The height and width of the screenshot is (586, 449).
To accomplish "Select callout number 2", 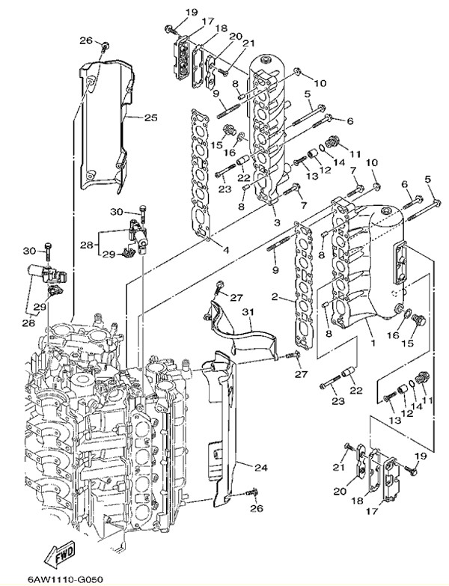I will [x=275, y=297].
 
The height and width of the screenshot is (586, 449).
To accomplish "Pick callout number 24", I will [x=260, y=468].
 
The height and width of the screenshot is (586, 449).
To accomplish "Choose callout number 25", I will [x=150, y=117].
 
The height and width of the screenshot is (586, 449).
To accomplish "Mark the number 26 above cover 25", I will [x=85, y=40].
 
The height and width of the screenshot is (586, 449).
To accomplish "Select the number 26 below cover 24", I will [x=257, y=509].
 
